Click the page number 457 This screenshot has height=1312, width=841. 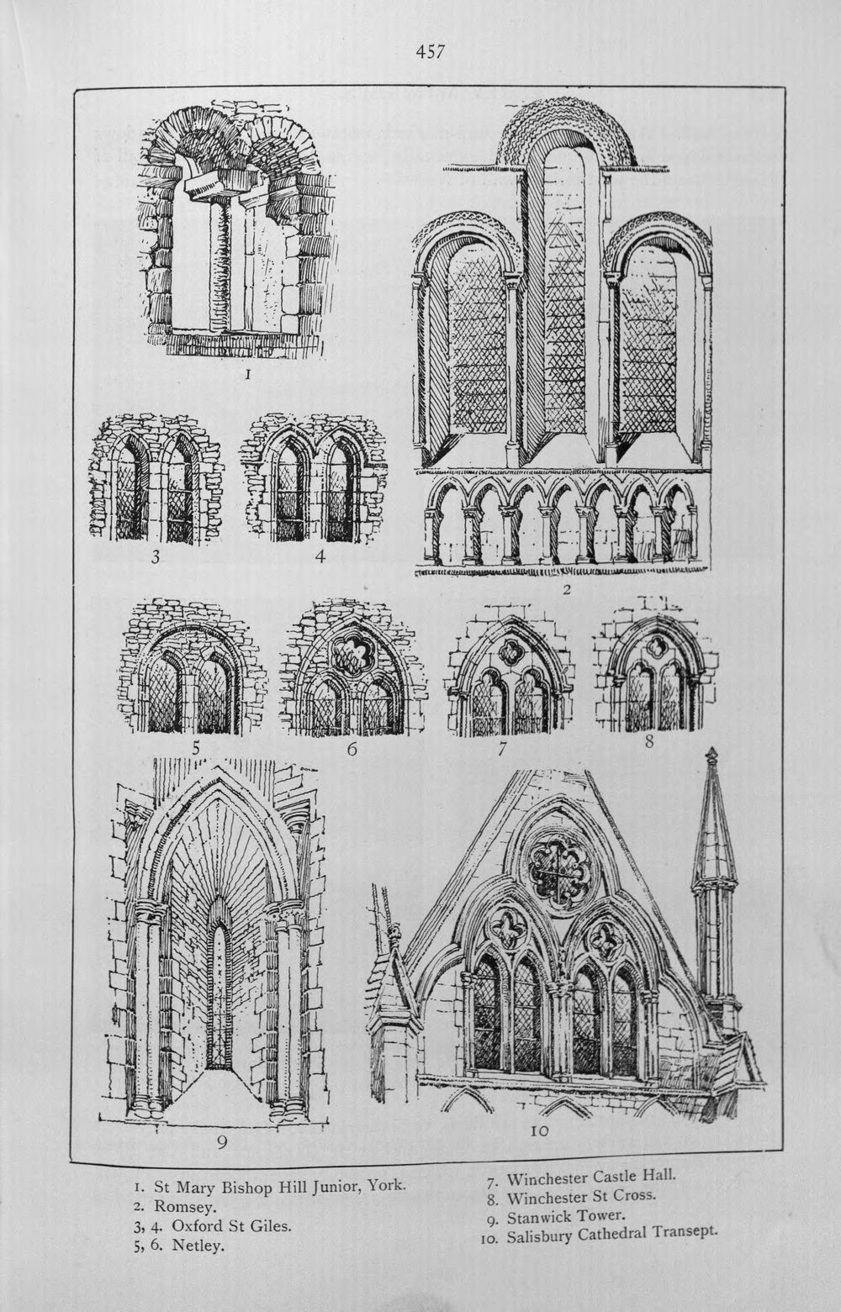coord(430,52)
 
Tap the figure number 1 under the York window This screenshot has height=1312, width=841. coord(248,376)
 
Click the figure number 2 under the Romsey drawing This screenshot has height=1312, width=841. coord(566,590)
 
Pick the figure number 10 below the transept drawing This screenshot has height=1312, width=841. coord(539,1131)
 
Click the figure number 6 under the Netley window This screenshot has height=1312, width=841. coord(352,748)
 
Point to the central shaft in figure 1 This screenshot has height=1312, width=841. coord(219,266)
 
